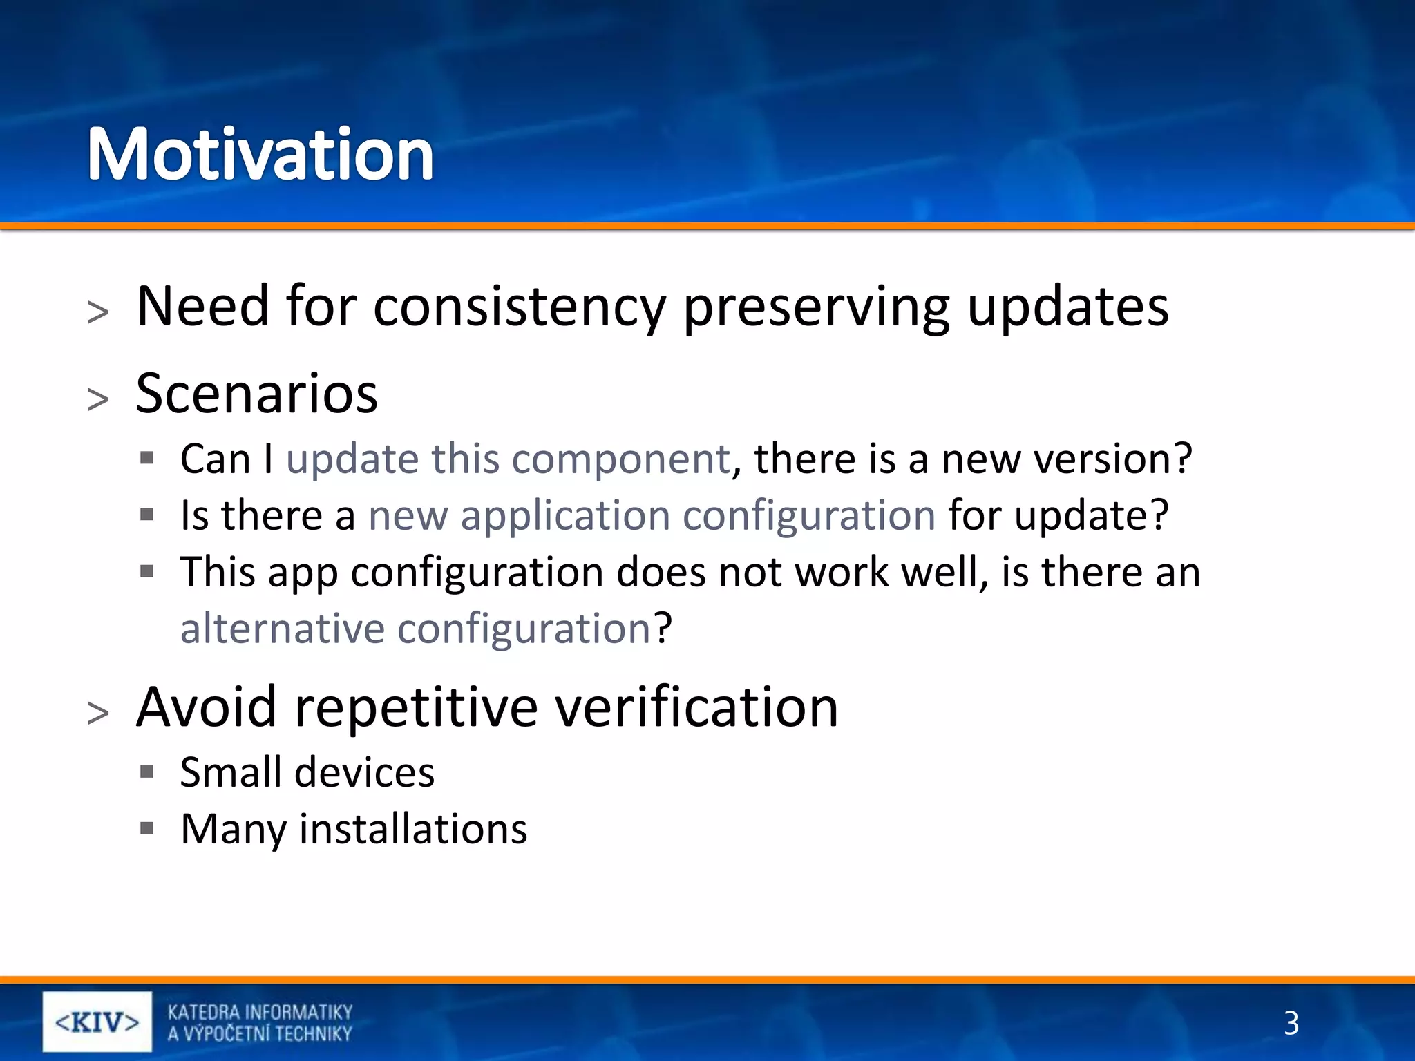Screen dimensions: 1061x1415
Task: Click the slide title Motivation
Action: coord(260,155)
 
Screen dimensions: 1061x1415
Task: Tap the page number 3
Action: coord(1291,1023)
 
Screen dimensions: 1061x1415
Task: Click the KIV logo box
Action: coord(97,1022)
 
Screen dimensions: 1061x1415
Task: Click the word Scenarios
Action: coord(256,393)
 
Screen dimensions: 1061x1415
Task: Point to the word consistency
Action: coord(519,307)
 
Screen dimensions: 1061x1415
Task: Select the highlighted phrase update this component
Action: coord(508,459)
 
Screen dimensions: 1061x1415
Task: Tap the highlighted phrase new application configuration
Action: coord(652,515)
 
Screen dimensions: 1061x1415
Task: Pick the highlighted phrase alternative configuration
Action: coord(415,629)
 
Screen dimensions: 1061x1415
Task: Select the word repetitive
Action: coord(416,707)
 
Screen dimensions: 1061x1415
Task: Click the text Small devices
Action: coord(307,772)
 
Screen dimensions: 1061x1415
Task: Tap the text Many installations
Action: coord(354,829)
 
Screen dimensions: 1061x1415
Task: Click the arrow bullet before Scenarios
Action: coord(98,399)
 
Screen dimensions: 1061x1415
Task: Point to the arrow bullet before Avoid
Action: coord(98,713)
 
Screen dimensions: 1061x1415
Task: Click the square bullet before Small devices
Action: coord(146,772)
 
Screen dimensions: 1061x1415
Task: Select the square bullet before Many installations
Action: coord(146,828)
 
